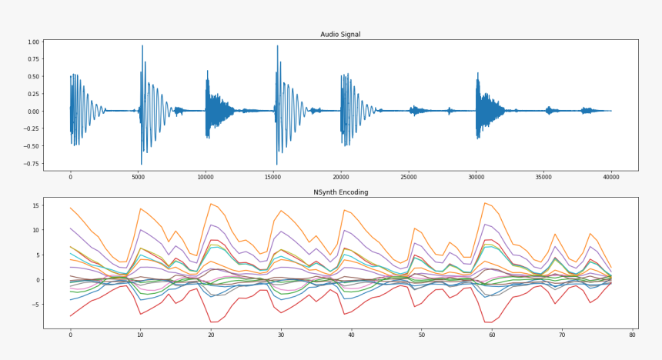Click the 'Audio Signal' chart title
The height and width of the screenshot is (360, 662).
coord(340,35)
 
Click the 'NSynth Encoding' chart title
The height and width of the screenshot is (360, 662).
coord(340,192)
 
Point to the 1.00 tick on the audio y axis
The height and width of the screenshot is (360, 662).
coord(34,42)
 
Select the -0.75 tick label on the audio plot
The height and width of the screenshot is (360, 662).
coord(32,164)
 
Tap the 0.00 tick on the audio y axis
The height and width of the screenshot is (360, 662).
coord(34,112)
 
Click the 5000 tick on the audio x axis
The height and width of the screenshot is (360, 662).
coord(138,177)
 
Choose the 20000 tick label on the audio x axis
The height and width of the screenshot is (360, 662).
coord(341,177)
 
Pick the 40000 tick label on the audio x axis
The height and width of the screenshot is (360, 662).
coord(611,177)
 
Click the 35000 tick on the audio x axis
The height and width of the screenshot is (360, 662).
coord(543,177)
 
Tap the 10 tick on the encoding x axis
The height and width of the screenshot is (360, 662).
coord(140,335)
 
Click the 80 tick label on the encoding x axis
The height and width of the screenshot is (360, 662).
coord(632,335)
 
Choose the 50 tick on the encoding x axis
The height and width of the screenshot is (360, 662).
coord(421,335)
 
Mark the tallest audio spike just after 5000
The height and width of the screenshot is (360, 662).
coord(142,46)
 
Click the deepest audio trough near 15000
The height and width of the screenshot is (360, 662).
coord(277,164)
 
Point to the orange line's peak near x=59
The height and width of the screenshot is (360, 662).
coord(485,203)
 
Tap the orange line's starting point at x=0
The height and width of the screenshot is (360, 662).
coord(70,208)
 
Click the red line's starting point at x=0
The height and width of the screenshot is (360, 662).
coord(70,316)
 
